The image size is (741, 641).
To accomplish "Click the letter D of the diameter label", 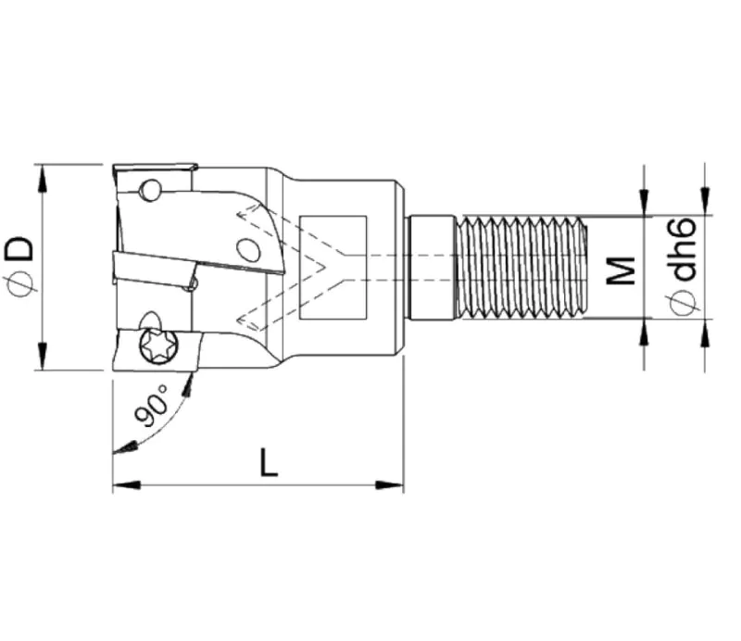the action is pyautogui.click(x=19, y=249).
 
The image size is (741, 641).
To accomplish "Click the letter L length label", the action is pyautogui.click(x=269, y=462).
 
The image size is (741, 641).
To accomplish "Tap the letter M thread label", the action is pyautogui.click(x=621, y=270).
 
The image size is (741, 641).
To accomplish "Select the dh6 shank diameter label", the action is pyautogui.click(x=684, y=249).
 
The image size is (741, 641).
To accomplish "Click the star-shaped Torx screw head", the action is pyautogui.click(x=159, y=346).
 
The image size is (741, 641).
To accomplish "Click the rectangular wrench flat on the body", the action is pyautogui.click(x=333, y=268).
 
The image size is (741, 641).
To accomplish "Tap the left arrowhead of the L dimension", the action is pyautogui.click(x=127, y=485).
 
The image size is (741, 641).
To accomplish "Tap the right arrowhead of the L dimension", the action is pyautogui.click(x=389, y=485).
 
